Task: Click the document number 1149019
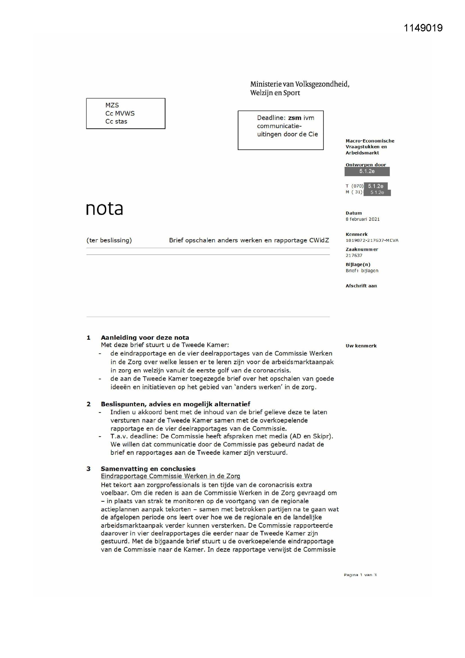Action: pos(423,28)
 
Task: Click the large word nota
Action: pos(105,208)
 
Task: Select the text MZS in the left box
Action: pos(112,105)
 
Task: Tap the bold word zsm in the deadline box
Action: pos(294,118)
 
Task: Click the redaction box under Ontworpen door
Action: pos(367,171)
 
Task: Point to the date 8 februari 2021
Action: pos(362,219)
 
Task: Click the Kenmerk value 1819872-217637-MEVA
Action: pos(372,240)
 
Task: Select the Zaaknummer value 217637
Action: pos(354,255)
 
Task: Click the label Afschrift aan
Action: pos(361,286)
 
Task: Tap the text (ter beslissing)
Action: pos(109,240)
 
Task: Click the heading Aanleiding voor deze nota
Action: pos(145,337)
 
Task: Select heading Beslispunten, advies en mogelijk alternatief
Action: pos(175,404)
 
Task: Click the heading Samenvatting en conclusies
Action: pos(148,469)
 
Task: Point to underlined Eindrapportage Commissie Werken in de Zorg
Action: pos(170,476)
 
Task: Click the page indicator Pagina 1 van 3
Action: pos(360,575)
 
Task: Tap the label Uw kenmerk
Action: pos(361,346)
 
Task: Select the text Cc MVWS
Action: pos(120,113)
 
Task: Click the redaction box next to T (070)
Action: pos(375,186)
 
